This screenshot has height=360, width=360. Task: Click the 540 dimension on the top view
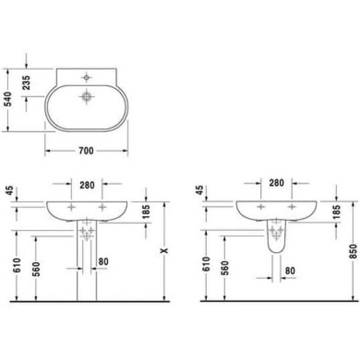[x=8, y=96]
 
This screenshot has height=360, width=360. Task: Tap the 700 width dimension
[x=86, y=151]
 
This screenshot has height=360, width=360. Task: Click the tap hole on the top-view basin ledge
[x=86, y=78]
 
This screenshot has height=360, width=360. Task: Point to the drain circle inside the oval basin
[x=86, y=96]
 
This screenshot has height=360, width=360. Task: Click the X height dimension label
[x=164, y=250]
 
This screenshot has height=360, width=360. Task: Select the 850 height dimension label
[x=353, y=250]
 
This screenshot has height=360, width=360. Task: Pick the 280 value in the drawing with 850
[x=276, y=183]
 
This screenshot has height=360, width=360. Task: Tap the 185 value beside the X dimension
[x=146, y=211]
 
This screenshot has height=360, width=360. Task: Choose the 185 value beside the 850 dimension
[x=336, y=211]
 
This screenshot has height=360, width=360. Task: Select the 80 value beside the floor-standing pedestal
[x=103, y=261]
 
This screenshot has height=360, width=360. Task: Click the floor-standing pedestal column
[x=86, y=267]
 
